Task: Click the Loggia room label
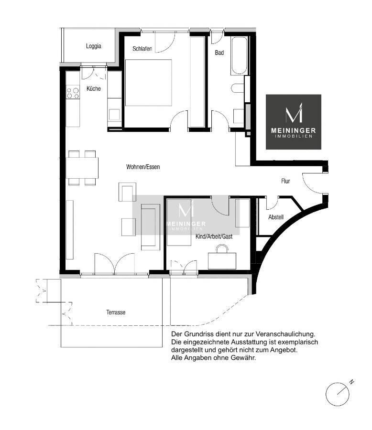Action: [x=94, y=46]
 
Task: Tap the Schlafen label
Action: [x=142, y=49]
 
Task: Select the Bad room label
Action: [x=219, y=53]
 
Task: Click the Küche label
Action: [x=94, y=88]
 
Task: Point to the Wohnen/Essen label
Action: [x=143, y=167]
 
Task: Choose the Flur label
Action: [x=285, y=181]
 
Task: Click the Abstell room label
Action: [x=276, y=217]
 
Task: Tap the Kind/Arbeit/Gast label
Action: [x=214, y=236]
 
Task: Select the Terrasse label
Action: [x=116, y=312]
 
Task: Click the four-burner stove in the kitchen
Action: [x=73, y=93]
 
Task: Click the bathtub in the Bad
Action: [x=239, y=56]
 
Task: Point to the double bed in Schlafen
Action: [x=149, y=83]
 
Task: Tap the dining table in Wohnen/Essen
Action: [x=82, y=168]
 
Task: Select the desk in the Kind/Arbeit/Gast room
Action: [x=222, y=261]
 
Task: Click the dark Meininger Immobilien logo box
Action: [x=294, y=122]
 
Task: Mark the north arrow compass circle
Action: [x=338, y=394]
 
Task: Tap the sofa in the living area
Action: [x=151, y=227]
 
